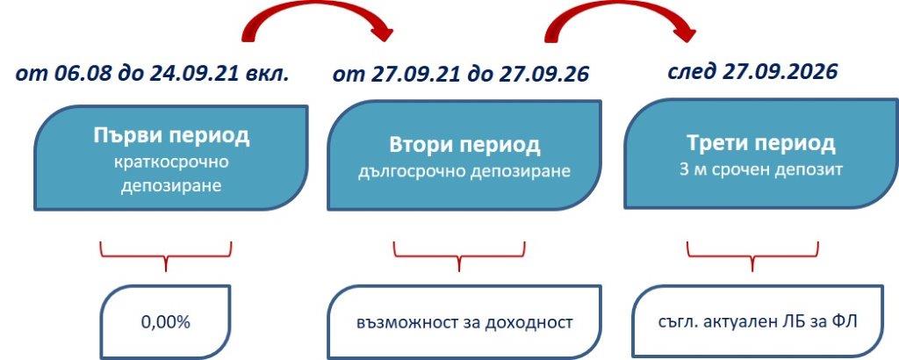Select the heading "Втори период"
pyautogui.click(x=464, y=144)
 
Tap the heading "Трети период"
pyautogui.click(x=760, y=143)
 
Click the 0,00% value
pyautogui.click(x=165, y=321)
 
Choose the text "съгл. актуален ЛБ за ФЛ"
pyautogui.click(x=756, y=322)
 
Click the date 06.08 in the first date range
pyautogui.click(x=76, y=73)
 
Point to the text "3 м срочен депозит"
pyautogui.click(x=760, y=169)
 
